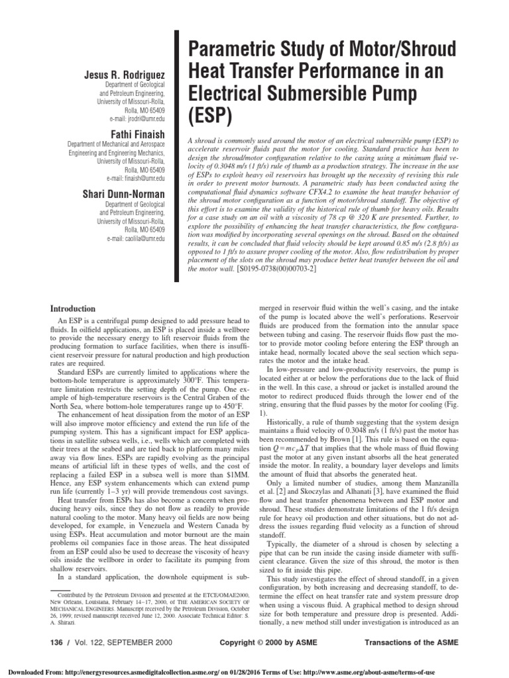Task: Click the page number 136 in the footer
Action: tap(60, 643)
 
